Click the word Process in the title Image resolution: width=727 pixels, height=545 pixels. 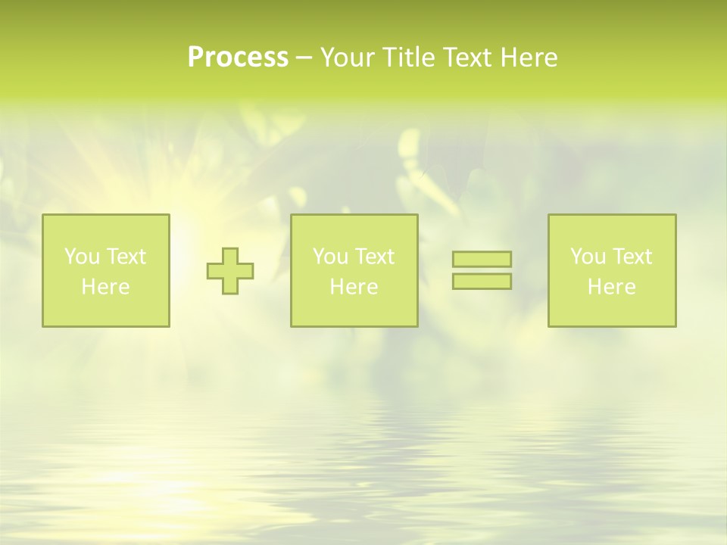(238, 58)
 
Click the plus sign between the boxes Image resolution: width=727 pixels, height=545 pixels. (230, 271)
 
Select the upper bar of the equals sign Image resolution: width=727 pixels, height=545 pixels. (482, 259)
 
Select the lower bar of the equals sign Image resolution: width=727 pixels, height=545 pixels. (482, 282)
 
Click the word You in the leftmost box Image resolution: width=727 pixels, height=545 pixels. (82, 257)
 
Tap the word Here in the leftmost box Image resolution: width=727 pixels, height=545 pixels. (105, 287)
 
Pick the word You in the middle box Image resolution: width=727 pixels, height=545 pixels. (330, 257)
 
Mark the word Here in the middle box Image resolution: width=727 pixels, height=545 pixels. (354, 287)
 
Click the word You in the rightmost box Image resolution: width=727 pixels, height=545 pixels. (588, 257)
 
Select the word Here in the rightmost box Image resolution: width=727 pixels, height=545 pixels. (611, 287)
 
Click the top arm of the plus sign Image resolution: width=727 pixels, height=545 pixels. (230, 255)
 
